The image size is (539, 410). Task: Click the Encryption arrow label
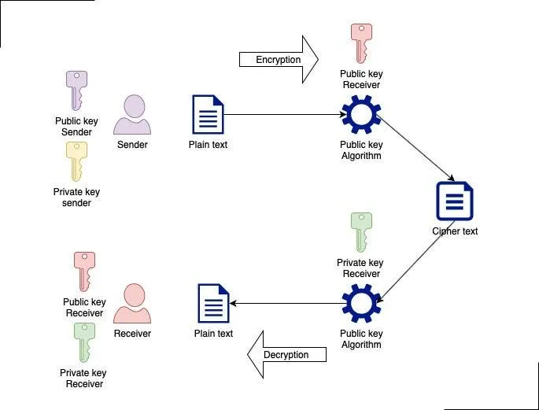278,60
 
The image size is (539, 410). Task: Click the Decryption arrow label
286,355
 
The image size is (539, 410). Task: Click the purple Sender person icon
132,115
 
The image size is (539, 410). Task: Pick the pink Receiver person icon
132,304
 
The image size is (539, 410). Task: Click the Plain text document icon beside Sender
208,115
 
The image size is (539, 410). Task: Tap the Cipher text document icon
455,201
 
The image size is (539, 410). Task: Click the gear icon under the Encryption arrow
361,115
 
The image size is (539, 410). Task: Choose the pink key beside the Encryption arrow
361,43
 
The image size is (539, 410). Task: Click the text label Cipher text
455,231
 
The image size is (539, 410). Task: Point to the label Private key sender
76,198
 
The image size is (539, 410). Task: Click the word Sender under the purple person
132,145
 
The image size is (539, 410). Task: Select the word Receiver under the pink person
132,334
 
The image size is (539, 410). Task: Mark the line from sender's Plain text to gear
283,115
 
